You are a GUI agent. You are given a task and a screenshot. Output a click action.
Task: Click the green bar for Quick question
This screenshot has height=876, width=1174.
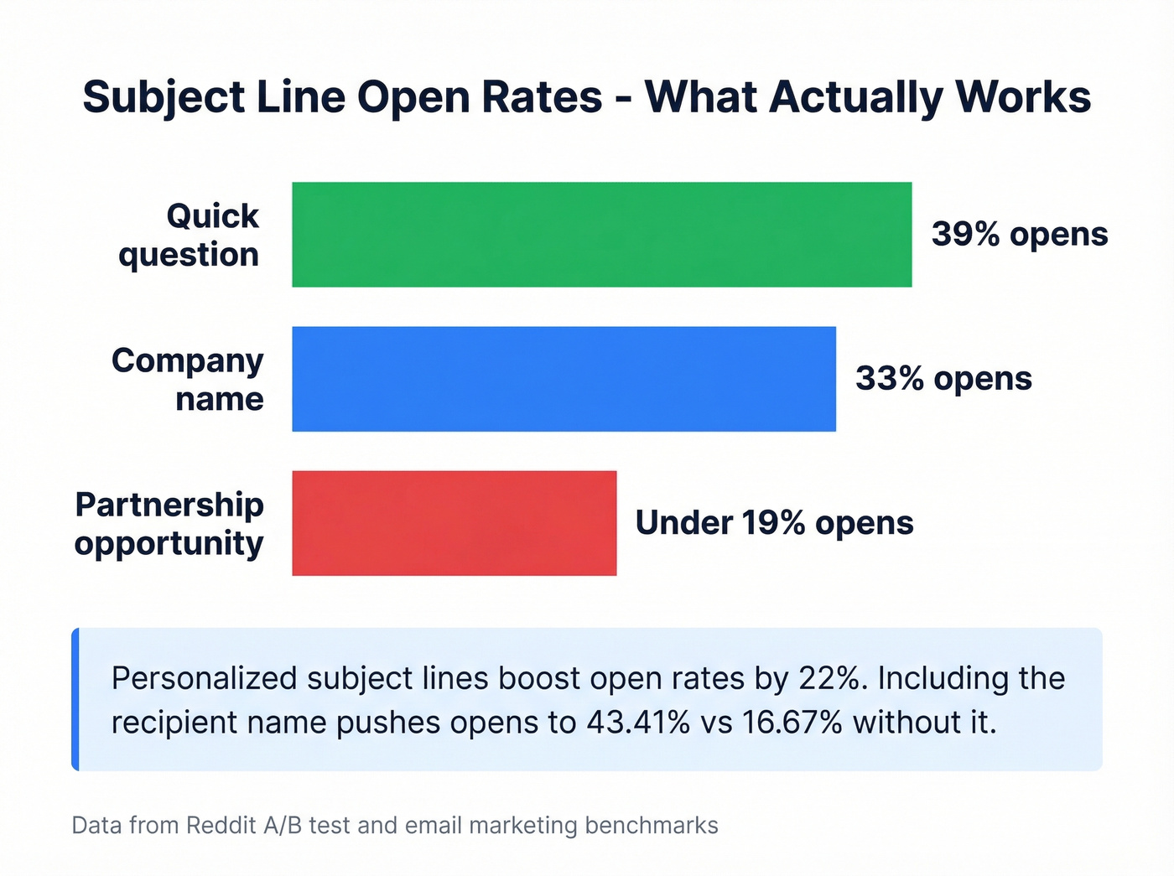(601, 235)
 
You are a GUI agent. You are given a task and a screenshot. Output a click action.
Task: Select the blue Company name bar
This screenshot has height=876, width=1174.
(564, 379)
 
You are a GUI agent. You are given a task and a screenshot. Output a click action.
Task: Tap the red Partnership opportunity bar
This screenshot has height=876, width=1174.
(454, 523)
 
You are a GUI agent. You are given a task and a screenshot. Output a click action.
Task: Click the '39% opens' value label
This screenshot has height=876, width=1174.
(1019, 235)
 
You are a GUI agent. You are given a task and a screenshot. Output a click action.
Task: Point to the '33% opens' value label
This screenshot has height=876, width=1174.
(943, 379)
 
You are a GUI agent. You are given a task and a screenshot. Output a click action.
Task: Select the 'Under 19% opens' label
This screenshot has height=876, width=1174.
(774, 523)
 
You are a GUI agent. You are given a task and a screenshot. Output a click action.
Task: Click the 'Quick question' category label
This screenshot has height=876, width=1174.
(190, 235)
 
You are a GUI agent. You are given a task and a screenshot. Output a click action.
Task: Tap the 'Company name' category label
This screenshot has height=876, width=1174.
(188, 379)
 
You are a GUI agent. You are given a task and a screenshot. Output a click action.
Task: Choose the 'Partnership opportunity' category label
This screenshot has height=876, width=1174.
(169, 523)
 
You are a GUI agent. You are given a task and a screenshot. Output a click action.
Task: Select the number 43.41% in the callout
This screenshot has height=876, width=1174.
(638, 722)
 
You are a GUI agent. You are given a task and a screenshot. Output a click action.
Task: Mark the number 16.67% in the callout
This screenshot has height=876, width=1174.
(792, 722)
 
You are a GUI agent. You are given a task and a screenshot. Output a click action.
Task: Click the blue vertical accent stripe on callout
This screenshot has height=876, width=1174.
(75, 699)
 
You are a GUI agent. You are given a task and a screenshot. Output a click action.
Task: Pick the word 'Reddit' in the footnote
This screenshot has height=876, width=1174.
(221, 826)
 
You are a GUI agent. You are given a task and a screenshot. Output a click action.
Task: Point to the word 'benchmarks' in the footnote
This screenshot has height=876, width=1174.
(652, 826)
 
